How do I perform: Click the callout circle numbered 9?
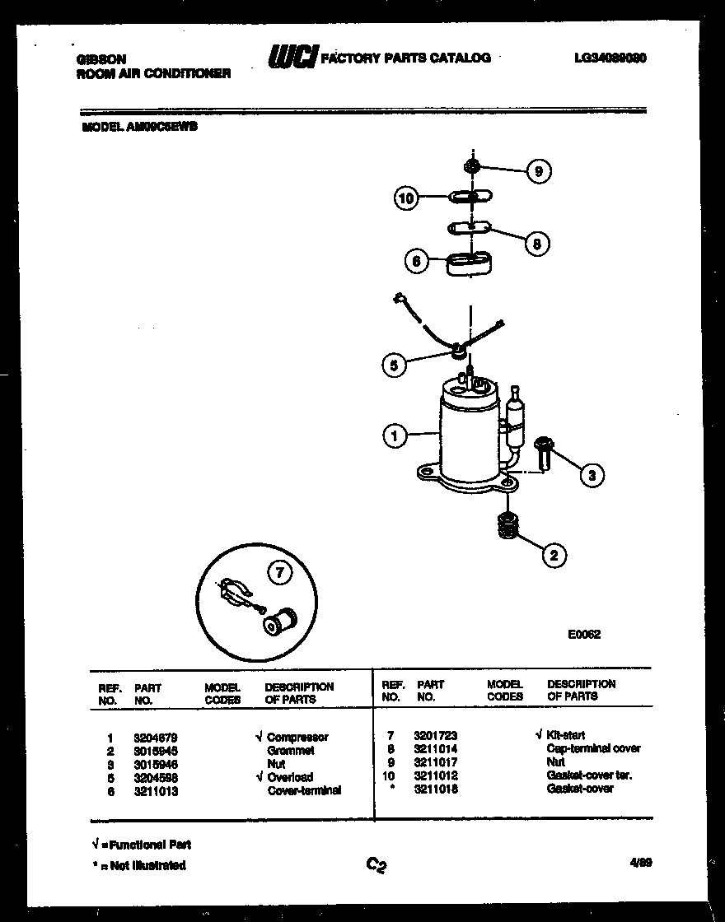(538, 171)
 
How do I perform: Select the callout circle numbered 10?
(406, 198)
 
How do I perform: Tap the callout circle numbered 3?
(591, 474)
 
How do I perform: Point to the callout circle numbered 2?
(554, 556)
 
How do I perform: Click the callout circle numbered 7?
(279, 575)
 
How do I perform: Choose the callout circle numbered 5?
(395, 365)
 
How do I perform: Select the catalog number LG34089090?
(610, 58)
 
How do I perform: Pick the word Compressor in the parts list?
(297, 738)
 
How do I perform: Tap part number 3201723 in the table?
(437, 735)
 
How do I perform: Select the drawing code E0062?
(584, 635)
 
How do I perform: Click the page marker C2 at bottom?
(377, 864)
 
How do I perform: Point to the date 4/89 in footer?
(641, 862)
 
